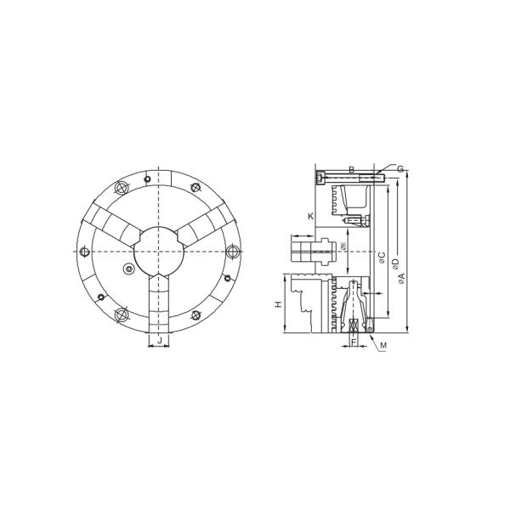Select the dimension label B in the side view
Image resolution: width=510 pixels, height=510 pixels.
(351, 170)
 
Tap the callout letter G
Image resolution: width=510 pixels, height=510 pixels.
(399, 169)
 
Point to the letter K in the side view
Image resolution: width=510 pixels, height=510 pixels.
(310, 216)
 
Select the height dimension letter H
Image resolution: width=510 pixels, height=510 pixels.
(278, 303)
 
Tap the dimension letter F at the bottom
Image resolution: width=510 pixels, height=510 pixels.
(354, 342)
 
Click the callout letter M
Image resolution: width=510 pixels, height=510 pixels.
(383, 345)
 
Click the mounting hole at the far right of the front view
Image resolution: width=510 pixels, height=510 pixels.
(231, 252)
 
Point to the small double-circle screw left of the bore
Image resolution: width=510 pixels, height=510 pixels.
(128, 269)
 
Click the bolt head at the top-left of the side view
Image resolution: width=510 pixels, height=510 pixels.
(320, 178)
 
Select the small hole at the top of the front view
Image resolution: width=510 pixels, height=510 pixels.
(147, 179)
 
